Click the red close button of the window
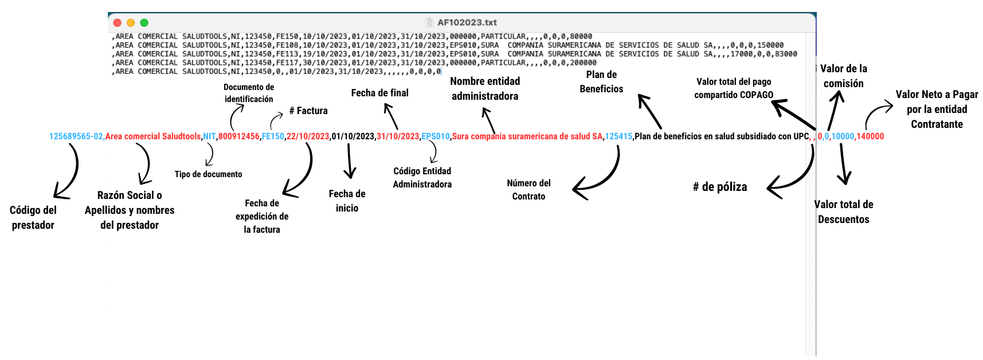click(x=118, y=23)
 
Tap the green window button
click(x=144, y=23)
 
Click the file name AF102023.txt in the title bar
click(x=467, y=22)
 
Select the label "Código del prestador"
click(x=33, y=217)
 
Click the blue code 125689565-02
click(x=76, y=136)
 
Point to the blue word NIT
click(x=209, y=136)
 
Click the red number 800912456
click(x=239, y=136)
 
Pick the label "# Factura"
click(x=308, y=111)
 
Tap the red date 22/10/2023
click(x=308, y=136)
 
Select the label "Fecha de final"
click(x=379, y=93)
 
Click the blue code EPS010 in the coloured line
click(x=436, y=136)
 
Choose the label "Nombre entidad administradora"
click(x=485, y=89)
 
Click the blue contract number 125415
click(x=618, y=136)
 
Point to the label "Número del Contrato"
click(x=528, y=190)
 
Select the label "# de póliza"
click(x=720, y=187)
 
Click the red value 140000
click(x=870, y=136)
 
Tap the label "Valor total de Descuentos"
click(x=844, y=212)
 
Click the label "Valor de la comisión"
click(x=844, y=76)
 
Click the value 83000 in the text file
click(x=786, y=54)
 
